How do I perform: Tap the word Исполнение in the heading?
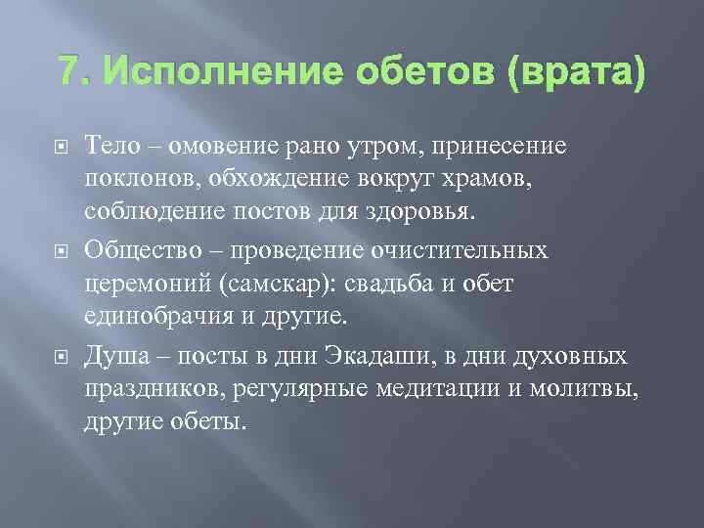[199, 72]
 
